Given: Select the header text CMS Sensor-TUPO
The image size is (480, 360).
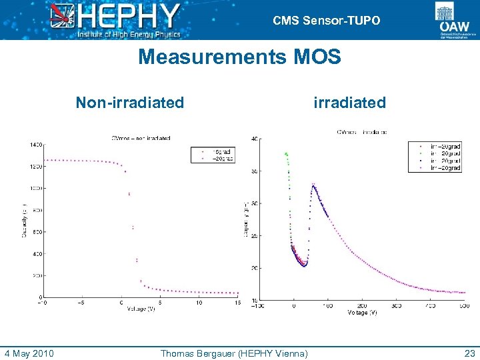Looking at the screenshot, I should (x=326, y=21).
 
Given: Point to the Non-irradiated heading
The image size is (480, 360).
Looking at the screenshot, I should (x=129, y=103).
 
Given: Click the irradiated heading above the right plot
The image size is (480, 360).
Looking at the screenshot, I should (x=349, y=103).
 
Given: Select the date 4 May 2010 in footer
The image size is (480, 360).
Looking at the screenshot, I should (x=29, y=353).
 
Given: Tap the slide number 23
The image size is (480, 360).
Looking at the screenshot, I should (x=468, y=353).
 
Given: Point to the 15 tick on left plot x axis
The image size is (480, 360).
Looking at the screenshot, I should (x=237, y=303).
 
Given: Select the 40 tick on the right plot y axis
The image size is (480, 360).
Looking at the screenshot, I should (x=255, y=139).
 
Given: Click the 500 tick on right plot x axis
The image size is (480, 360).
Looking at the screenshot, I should (x=463, y=306).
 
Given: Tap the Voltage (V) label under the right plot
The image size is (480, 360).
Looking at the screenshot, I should (x=361, y=312).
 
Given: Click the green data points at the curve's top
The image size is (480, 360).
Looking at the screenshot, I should (x=287, y=155).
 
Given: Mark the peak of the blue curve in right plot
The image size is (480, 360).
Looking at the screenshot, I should (x=313, y=185).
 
